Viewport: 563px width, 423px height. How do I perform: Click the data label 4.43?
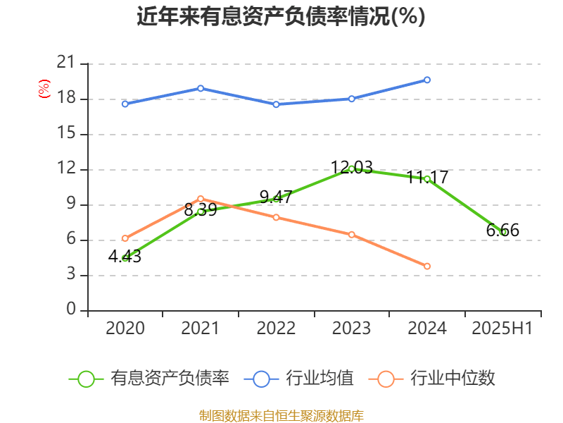tap(125, 257)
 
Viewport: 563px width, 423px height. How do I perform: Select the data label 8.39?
tap(201, 210)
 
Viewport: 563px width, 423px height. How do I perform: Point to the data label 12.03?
tap(351, 168)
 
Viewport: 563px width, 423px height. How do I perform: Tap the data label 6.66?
tap(502, 231)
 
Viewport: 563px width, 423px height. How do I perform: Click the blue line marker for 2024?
tap(427, 80)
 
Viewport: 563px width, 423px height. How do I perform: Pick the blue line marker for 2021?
tap(201, 88)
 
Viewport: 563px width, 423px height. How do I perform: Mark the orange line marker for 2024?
tap(427, 266)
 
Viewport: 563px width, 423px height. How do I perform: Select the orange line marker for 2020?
tap(125, 238)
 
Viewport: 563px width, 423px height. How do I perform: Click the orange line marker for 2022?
tap(276, 217)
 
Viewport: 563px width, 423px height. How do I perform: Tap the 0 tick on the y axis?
tap(71, 310)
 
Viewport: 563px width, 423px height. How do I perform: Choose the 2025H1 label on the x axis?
tap(502, 329)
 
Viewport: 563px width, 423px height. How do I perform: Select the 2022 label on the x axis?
tap(276, 329)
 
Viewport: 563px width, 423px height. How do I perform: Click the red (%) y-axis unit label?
tap(44, 89)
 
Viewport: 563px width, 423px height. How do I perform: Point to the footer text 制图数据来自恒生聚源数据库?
tap(281, 415)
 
